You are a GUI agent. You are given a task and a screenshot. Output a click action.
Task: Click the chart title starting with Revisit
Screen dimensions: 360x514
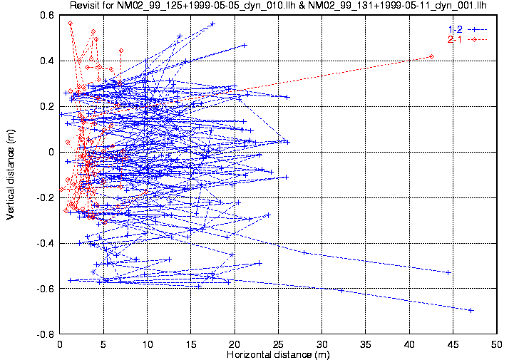tap(279, 6)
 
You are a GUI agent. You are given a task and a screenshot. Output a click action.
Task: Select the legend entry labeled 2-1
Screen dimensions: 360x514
tap(455, 39)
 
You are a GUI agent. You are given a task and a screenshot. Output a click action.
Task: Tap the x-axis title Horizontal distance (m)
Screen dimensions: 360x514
tap(279, 354)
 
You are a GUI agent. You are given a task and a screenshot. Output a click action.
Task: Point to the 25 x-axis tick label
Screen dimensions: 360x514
tap(278, 344)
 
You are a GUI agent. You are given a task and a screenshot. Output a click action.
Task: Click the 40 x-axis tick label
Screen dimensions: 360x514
tap(409, 344)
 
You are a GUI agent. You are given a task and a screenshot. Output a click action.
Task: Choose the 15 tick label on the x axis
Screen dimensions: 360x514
tap(190, 344)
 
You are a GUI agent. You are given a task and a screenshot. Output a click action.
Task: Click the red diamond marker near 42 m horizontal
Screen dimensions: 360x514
tap(431, 56)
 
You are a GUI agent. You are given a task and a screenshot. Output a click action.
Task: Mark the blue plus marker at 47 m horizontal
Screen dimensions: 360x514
tap(471, 310)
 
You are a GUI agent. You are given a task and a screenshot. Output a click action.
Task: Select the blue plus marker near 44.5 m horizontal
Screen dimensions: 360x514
tap(448, 272)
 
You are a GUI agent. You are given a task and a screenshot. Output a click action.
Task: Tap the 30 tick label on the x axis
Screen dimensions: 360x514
tap(322, 344)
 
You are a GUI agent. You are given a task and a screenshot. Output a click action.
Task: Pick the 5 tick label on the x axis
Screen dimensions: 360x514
tap(103, 344)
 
